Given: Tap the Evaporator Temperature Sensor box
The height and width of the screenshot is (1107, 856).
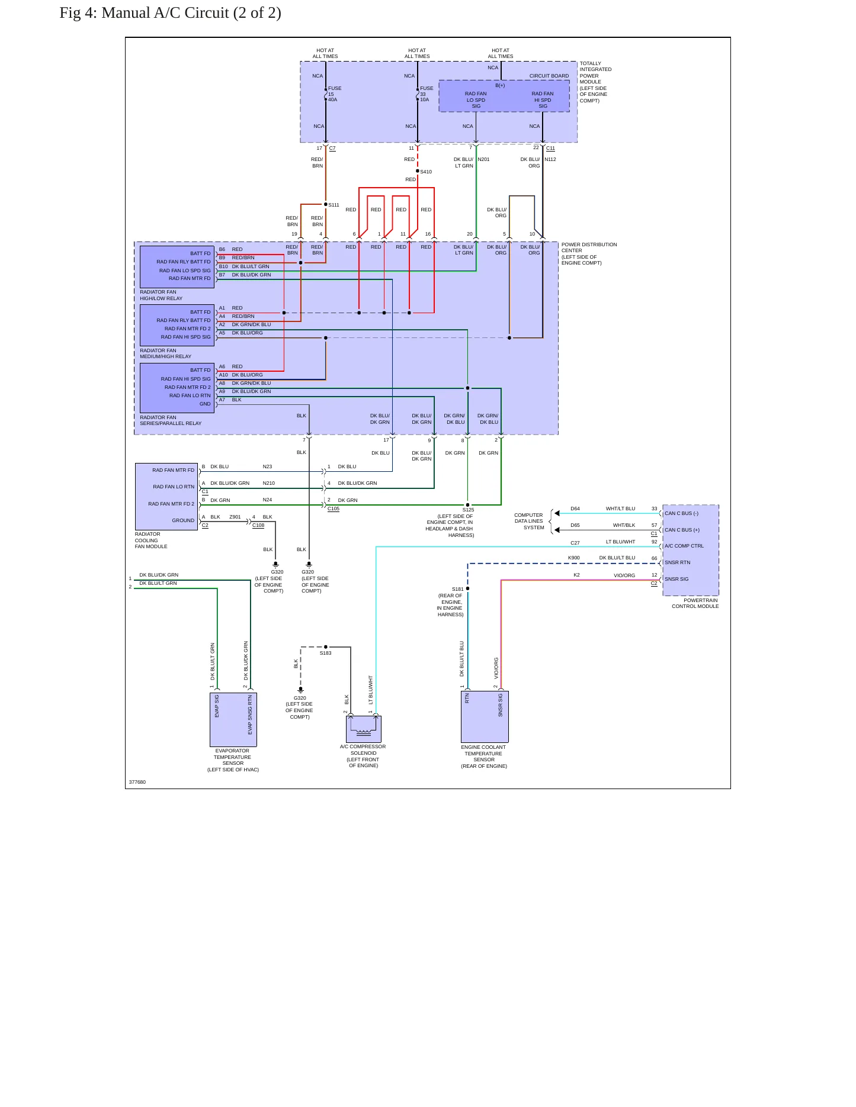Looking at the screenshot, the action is coord(233,719).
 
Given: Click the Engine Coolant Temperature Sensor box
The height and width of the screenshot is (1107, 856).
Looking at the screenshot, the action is coord(485,717).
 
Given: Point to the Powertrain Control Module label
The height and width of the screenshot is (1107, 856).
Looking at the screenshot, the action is coord(695,603).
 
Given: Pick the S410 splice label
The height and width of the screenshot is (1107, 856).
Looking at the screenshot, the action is coord(426,172).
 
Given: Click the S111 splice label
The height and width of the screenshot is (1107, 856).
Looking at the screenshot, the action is coord(334,205).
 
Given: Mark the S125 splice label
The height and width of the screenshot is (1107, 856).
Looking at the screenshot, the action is coord(468,510).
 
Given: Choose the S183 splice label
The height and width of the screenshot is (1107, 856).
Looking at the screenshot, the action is coord(326,653).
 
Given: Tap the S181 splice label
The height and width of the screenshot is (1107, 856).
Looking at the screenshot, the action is coord(458,589).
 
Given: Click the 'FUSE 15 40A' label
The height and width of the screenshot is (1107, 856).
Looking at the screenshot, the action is coord(335,94).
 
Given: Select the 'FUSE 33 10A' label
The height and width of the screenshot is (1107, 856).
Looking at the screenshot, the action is coord(427,94).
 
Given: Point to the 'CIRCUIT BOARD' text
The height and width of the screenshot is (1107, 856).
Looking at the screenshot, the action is coord(549,76).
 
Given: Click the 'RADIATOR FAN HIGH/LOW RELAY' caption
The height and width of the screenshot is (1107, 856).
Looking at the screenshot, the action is coord(161,295).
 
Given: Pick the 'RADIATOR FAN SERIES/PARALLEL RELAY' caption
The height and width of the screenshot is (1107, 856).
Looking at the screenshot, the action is coord(171,420).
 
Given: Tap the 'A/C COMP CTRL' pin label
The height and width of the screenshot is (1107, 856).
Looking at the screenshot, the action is coord(684,546).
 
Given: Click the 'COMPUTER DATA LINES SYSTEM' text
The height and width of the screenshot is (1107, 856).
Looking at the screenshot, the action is coord(529,521).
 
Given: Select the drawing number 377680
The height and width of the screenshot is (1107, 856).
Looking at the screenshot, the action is coord(137,782).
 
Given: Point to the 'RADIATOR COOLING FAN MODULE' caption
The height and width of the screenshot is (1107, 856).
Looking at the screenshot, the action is coord(151,540).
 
